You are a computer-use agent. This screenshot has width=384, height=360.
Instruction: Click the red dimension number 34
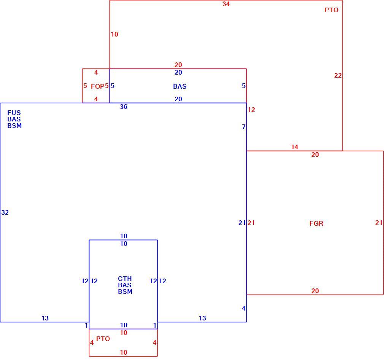(x=226, y=4)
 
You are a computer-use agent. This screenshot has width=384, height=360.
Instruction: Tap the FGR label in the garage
(x=316, y=223)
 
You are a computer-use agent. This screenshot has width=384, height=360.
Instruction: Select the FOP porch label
(x=97, y=86)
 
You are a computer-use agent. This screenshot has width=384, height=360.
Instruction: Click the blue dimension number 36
(x=124, y=107)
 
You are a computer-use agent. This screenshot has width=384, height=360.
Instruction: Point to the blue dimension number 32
(x=5, y=212)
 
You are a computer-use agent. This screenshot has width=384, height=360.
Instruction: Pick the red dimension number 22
(x=338, y=75)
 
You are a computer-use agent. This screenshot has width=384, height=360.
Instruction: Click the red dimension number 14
(x=295, y=147)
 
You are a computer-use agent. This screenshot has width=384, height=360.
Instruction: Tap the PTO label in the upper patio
(x=332, y=10)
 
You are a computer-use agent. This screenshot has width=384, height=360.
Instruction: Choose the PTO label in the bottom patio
(x=103, y=339)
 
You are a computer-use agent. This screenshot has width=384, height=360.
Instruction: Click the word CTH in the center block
(x=125, y=279)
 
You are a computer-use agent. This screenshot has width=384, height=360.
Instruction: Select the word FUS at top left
(x=14, y=113)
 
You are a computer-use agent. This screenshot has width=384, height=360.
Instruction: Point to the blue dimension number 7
(x=244, y=127)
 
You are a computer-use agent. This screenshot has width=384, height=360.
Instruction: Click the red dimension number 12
(x=251, y=110)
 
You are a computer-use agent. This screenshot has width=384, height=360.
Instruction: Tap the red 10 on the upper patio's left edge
(x=114, y=34)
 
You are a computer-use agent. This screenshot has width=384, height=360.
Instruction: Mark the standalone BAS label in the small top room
(x=180, y=86)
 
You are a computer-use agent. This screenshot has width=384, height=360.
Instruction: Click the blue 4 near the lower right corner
(x=243, y=308)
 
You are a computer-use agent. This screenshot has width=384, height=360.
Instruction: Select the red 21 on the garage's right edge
(x=379, y=223)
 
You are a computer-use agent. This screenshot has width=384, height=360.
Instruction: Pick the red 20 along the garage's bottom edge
(x=315, y=291)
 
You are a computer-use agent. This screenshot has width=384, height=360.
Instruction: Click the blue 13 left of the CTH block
(x=45, y=318)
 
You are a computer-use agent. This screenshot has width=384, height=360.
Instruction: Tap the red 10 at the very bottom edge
(x=124, y=352)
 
